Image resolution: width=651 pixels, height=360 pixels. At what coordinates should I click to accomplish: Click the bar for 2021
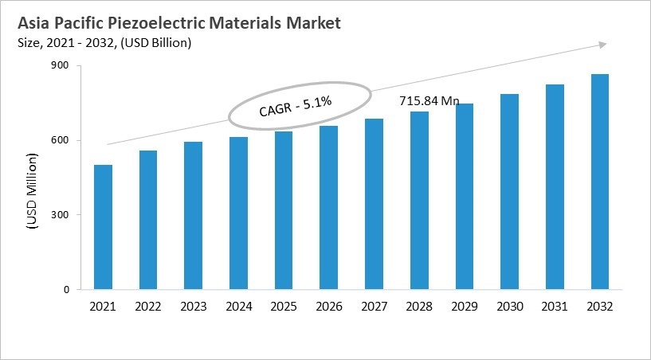click(102, 227)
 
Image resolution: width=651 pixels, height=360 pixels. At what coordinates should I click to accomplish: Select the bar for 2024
click(238, 213)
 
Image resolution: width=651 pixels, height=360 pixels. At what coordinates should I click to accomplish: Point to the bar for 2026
click(328, 208)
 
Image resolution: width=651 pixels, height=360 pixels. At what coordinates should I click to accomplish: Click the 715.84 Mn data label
click(430, 102)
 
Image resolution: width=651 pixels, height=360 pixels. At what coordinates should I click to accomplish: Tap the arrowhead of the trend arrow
click(603, 45)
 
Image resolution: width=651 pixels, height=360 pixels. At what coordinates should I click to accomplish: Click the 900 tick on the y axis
click(61, 66)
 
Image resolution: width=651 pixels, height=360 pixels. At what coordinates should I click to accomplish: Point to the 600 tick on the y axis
click(61, 141)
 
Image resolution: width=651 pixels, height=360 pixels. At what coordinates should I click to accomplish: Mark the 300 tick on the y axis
click(61, 215)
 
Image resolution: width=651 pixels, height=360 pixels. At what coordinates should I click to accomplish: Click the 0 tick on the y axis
click(67, 290)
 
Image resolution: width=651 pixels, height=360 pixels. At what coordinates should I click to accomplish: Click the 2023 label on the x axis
click(193, 307)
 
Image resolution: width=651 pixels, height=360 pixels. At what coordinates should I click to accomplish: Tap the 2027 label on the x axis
click(374, 307)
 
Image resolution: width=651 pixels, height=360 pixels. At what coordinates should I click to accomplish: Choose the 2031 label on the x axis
click(555, 307)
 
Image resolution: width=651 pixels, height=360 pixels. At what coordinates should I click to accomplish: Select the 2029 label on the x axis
click(464, 307)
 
